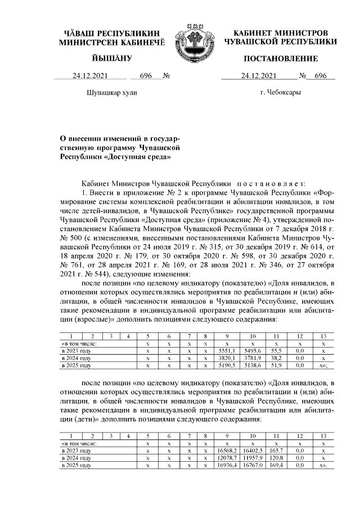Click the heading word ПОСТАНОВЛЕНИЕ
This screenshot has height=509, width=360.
(281, 59)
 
